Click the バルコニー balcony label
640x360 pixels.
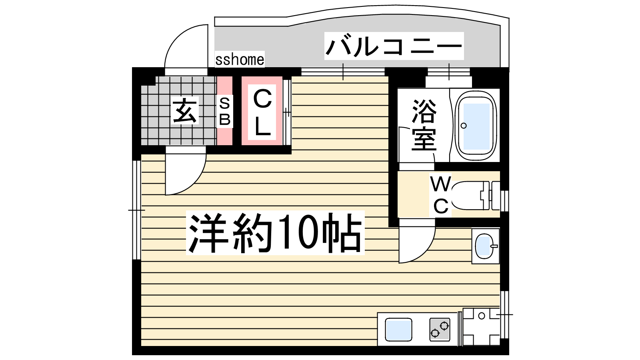point(394,46)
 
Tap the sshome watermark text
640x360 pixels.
point(240,60)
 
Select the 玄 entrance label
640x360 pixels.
point(184,110)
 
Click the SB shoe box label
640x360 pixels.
point(224,111)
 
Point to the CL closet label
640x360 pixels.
point(262,112)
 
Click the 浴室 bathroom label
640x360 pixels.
point(424,125)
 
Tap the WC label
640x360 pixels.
point(440,195)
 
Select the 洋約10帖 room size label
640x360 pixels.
point(275,233)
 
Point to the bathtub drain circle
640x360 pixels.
point(464,126)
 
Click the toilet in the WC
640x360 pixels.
point(475,196)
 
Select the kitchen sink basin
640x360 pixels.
point(398,330)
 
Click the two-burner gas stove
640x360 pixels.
point(440,330)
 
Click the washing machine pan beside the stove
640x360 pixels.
point(481,327)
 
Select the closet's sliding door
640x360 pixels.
point(287,112)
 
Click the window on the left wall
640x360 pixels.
point(136,210)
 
